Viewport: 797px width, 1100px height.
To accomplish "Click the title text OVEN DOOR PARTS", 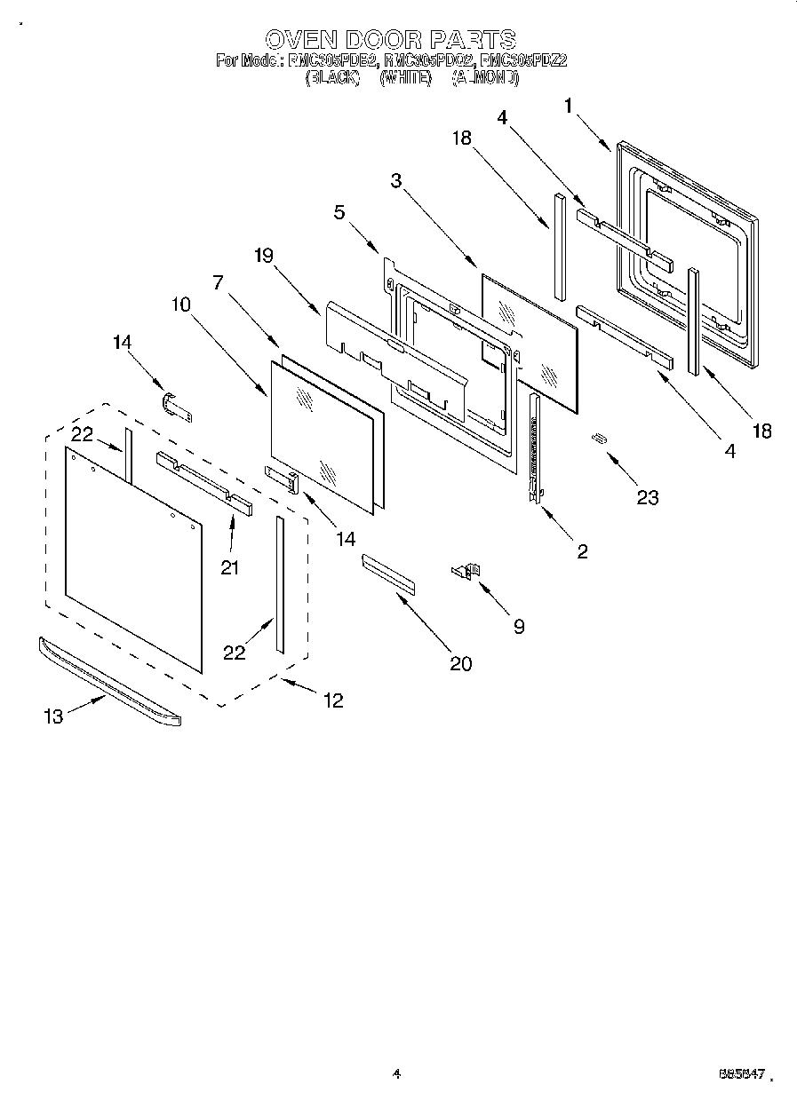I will coord(391,39).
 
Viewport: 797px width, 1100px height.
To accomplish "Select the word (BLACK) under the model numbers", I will coord(332,78).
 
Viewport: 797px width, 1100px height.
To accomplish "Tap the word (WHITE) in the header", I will coord(405,78).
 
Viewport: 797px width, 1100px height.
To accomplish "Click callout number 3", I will coord(397,180).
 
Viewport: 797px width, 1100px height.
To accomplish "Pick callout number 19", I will coord(263,255).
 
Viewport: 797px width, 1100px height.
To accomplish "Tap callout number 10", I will coord(180,305).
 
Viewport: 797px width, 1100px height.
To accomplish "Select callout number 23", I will coord(648,497).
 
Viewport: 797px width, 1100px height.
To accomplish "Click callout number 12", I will coord(332,700).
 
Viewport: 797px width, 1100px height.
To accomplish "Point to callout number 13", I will coord(54,716).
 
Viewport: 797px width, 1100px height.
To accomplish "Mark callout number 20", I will coord(460,662).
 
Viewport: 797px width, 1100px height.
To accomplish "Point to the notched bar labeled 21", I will coord(204,482).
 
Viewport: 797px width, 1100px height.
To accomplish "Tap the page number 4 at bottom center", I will coord(396,1074).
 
